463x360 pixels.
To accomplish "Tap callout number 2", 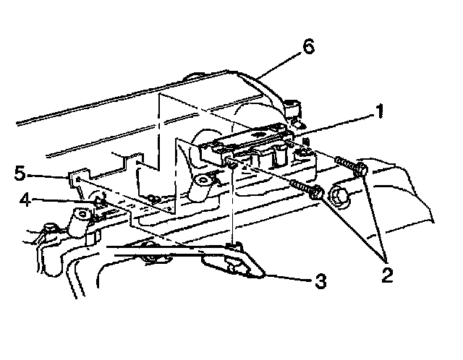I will [x=388, y=274].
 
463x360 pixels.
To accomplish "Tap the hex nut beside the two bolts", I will [x=341, y=196].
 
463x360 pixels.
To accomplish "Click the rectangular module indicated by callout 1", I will [x=253, y=145].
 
